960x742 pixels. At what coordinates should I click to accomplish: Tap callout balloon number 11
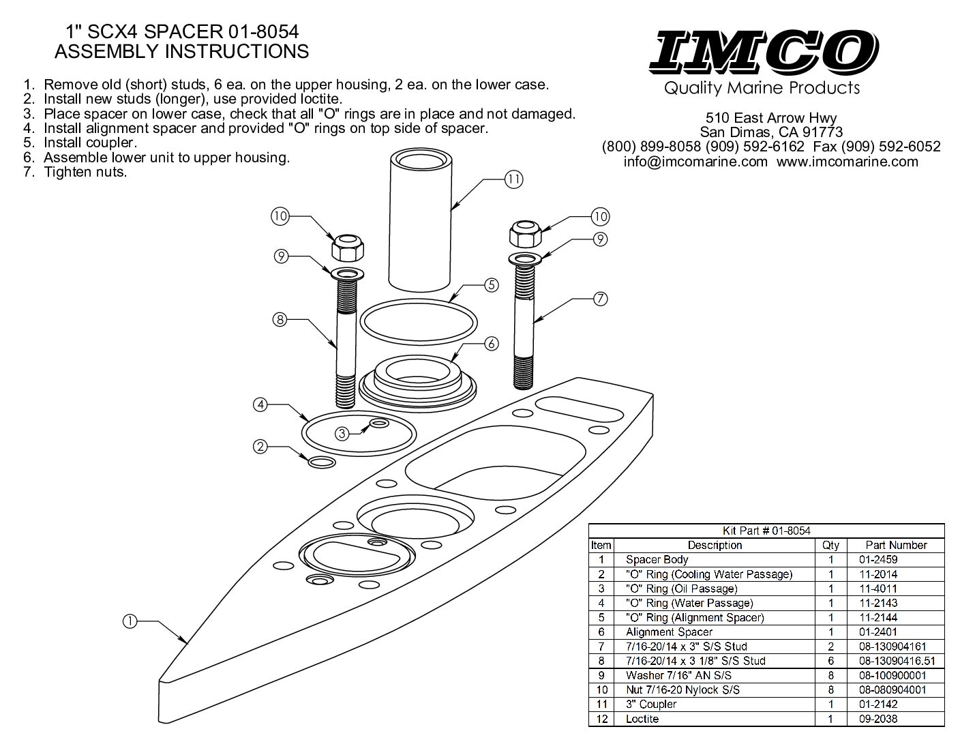coord(513,180)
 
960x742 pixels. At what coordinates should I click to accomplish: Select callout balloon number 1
coord(130,621)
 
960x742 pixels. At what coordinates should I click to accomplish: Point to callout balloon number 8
coord(279,318)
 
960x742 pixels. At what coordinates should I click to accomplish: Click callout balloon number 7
coord(600,299)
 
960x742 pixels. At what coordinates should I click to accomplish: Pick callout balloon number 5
coord(492,285)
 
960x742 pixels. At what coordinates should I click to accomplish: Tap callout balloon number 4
coord(260,404)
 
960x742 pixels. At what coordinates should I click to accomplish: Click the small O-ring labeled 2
coord(322,463)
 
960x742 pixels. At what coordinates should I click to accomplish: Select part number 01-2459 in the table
coord(873,560)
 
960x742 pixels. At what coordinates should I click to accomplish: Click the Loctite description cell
coord(642,719)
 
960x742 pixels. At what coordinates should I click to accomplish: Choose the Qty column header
coord(830,545)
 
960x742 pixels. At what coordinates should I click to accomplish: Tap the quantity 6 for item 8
coord(831,661)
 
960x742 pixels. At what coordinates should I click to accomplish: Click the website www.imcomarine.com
coord(847,162)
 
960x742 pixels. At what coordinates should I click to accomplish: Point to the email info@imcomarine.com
coord(695,162)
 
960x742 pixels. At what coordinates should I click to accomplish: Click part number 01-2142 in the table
coord(873,704)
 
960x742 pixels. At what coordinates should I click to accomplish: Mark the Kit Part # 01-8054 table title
coord(766,531)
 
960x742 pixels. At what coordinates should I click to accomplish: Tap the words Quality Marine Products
coord(762,88)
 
